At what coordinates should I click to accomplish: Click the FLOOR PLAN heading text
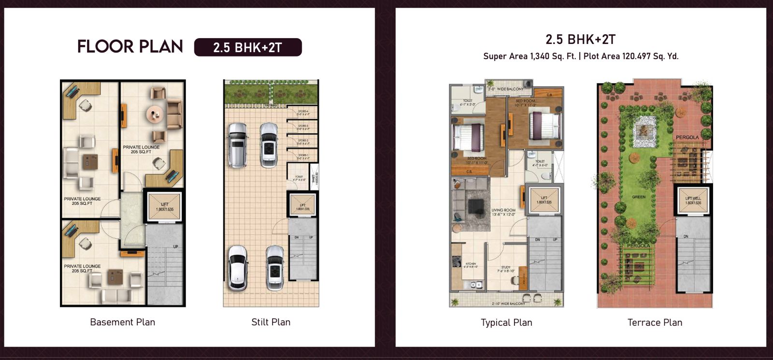pyautogui.click(x=130, y=47)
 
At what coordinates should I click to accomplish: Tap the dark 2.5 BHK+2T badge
pyautogui.click(x=248, y=47)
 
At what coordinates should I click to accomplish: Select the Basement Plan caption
pyautogui.click(x=123, y=322)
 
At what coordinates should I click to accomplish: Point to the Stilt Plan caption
pyautogui.click(x=271, y=322)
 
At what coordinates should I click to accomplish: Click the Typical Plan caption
pyautogui.click(x=506, y=323)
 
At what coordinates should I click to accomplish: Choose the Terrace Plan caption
pyautogui.click(x=655, y=323)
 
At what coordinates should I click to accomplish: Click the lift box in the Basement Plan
pyautogui.click(x=164, y=207)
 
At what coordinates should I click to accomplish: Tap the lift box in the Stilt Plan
pyautogui.click(x=302, y=207)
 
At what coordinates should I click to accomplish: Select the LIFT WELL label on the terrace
pyautogui.click(x=693, y=200)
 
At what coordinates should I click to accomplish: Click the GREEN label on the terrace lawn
pyautogui.click(x=639, y=197)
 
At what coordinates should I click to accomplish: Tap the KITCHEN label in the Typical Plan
pyautogui.click(x=471, y=264)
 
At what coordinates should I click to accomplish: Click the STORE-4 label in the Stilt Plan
pyautogui.click(x=303, y=112)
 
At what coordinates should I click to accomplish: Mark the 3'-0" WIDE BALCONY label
pyautogui.click(x=505, y=89)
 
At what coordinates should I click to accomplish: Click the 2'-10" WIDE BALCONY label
pyautogui.click(x=508, y=304)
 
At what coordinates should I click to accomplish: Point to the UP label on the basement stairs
pyautogui.click(x=175, y=247)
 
